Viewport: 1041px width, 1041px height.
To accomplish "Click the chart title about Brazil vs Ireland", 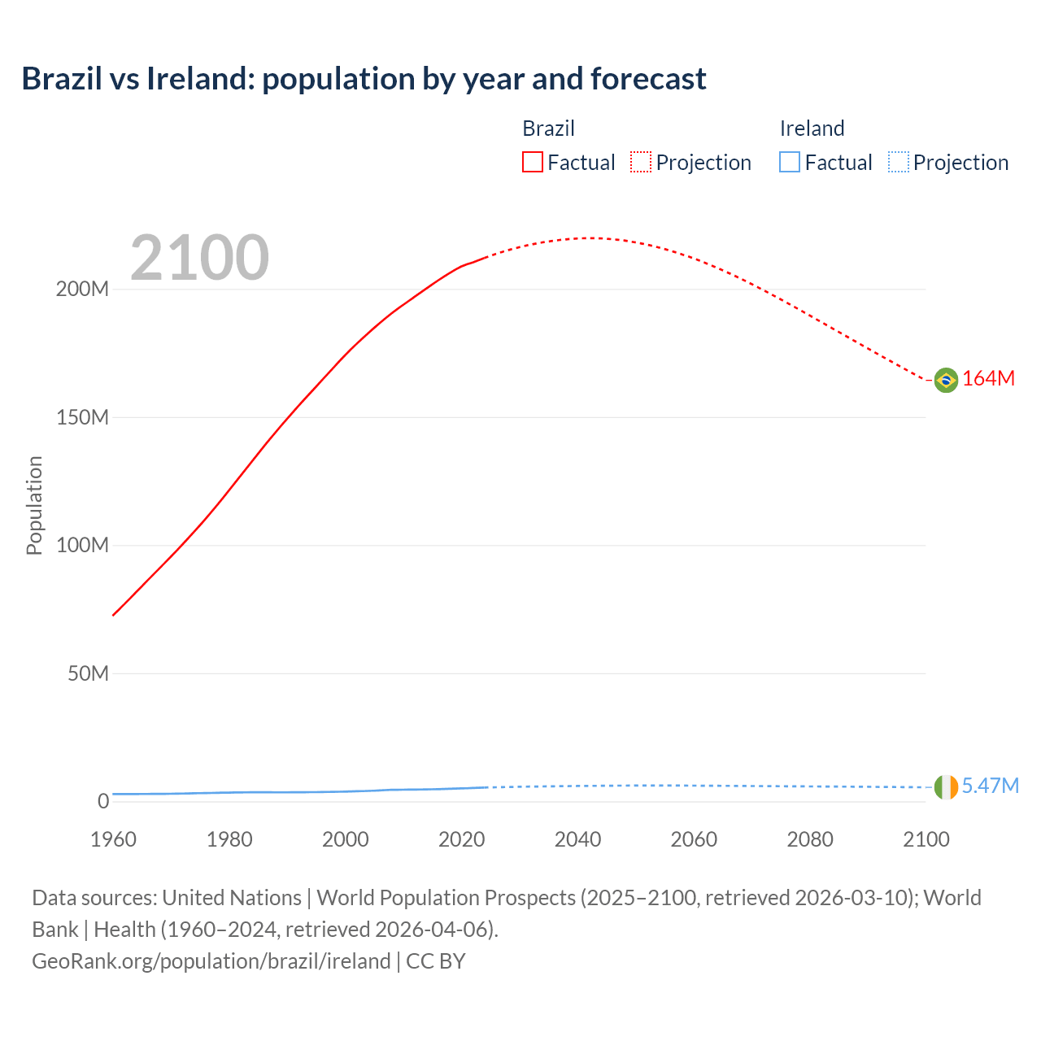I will pos(364,79).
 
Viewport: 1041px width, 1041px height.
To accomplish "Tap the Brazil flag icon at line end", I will pos(945,380).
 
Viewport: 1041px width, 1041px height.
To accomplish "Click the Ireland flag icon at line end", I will pos(945,787).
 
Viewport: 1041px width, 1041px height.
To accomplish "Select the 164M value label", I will pos(988,379).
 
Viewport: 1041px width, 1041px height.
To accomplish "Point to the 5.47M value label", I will pos(990,786).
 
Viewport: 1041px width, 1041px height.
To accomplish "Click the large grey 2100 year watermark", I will pos(199,258).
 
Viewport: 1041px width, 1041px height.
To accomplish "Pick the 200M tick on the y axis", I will pos(82,290).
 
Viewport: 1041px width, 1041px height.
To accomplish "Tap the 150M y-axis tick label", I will pos(82,418).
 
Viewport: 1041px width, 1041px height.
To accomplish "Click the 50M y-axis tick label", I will pos(88,674).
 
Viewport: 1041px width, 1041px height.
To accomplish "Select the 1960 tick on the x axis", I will pos(113,839).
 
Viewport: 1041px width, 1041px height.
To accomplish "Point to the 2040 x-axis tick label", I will pos(577,839).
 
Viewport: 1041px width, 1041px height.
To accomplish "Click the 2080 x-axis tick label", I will pos(810,839).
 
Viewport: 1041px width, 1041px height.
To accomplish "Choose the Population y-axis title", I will pos(34,505).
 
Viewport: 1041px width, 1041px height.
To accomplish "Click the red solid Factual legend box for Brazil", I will pos(532,163).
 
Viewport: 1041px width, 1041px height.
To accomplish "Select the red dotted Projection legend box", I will pos(641,163).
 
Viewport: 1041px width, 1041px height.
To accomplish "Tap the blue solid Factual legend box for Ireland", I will pos(789,163).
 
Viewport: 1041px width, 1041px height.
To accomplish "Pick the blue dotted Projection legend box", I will pos(898,163).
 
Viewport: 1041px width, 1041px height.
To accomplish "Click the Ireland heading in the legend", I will pos(812,128).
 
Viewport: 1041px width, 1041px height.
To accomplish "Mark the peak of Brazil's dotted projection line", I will pos(590,238).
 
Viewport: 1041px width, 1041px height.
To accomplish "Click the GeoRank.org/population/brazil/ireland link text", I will pos(211,961).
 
